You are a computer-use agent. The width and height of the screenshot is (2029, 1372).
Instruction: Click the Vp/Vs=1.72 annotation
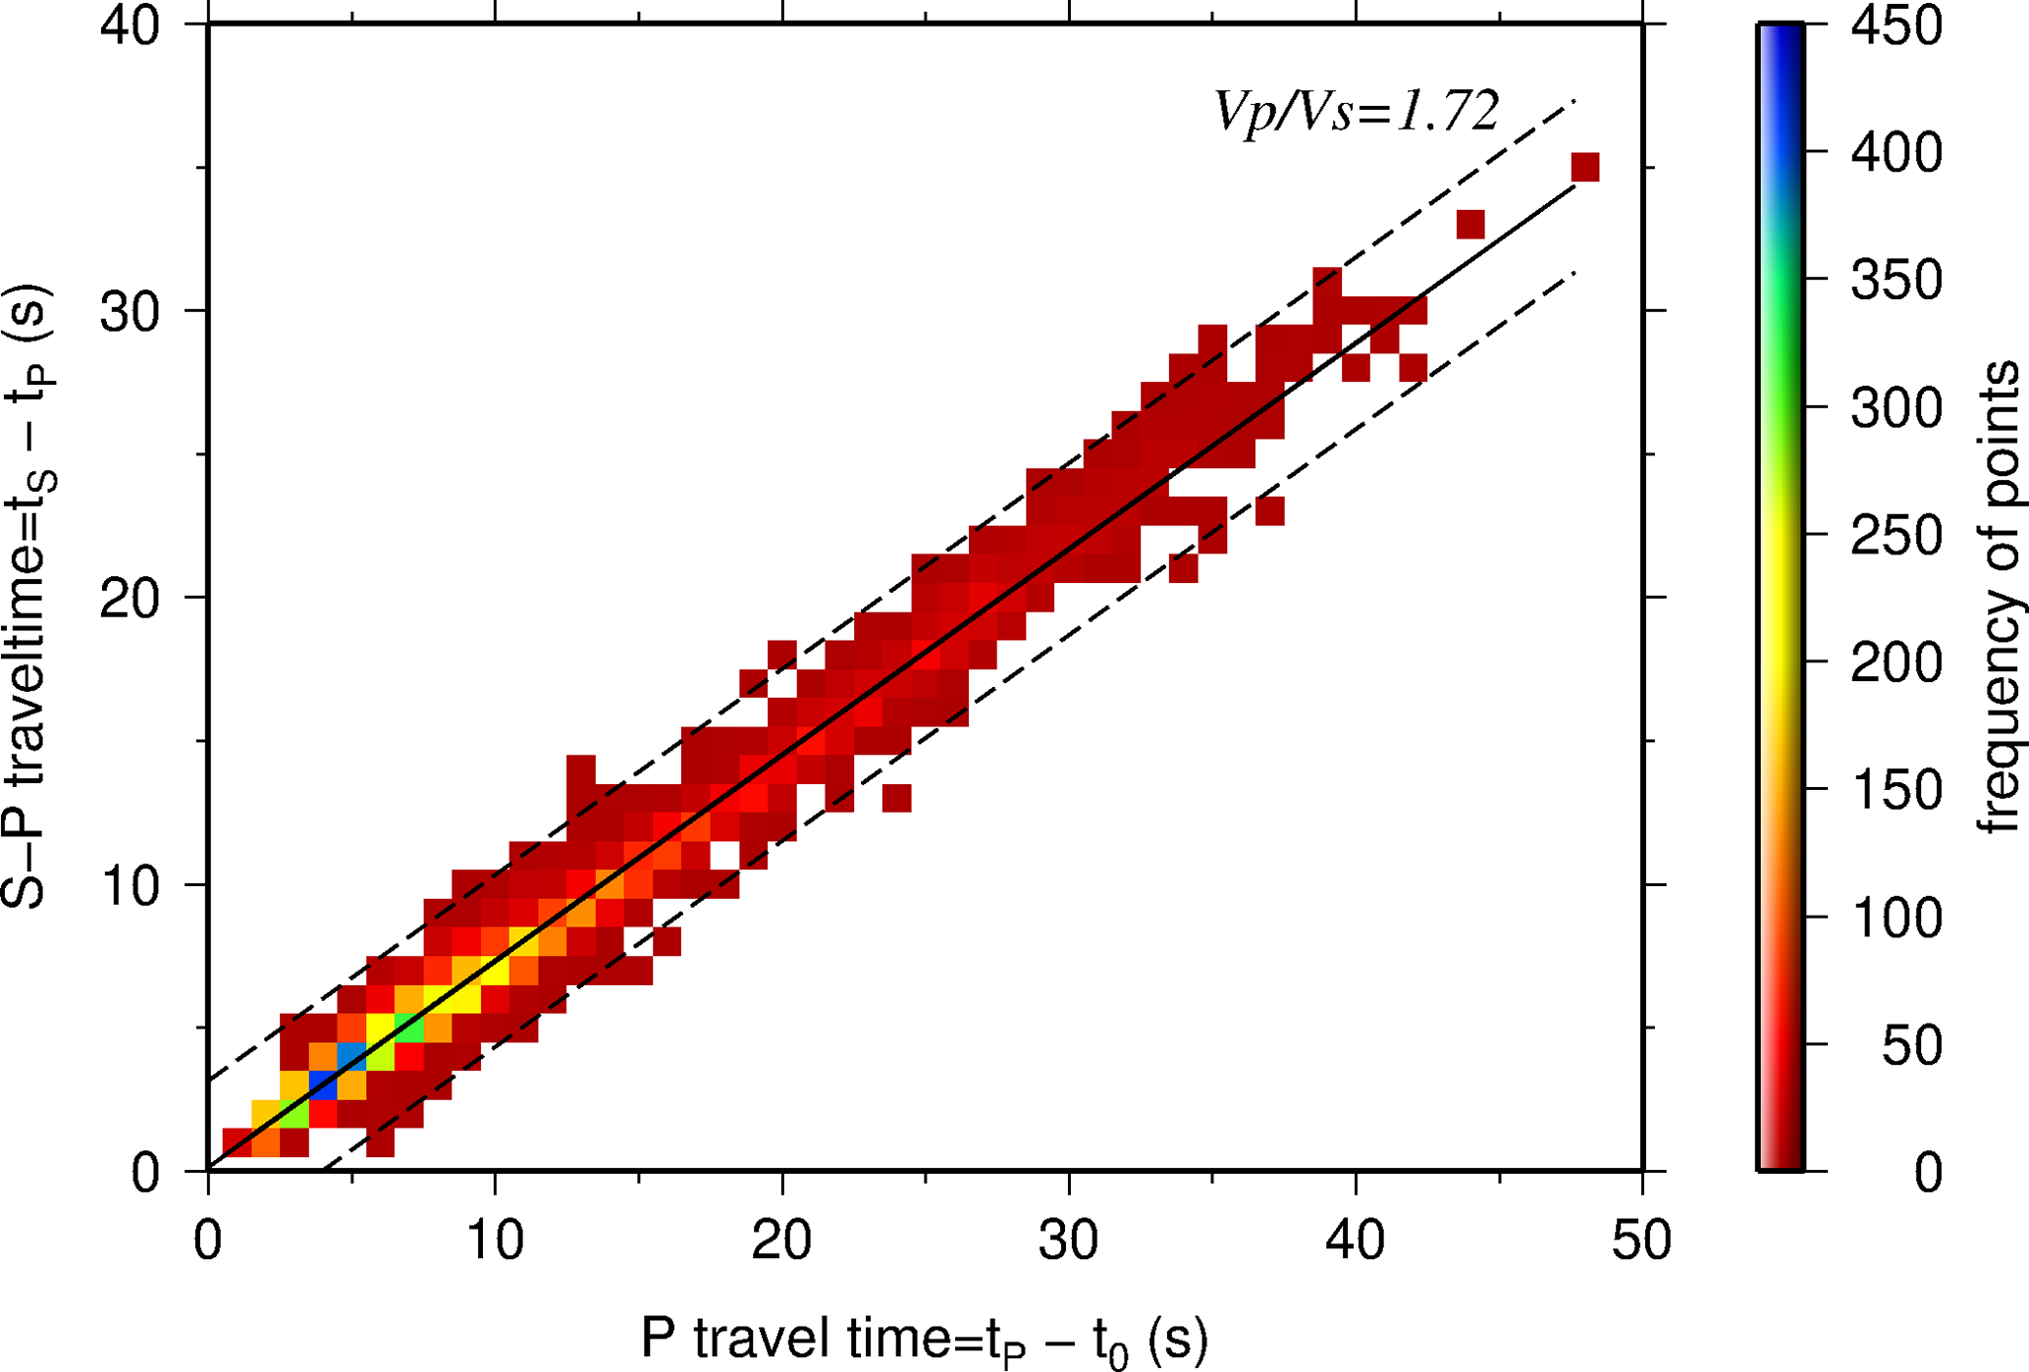1357,111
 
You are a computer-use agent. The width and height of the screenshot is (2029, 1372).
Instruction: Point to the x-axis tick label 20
781,1240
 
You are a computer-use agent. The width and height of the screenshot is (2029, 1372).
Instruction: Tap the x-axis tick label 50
1641,1240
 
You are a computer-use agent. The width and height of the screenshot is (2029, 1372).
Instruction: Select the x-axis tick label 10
495,1240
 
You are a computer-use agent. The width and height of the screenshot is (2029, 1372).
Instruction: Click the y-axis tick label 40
130,26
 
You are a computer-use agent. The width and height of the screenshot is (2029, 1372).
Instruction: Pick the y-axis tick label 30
130,312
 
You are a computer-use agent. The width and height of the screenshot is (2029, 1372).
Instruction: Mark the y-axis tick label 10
130,886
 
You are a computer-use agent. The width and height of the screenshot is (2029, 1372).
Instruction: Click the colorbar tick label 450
1896,26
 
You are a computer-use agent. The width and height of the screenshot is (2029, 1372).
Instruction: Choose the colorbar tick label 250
1896,536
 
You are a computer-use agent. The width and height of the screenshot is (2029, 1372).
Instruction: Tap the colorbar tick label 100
1896,919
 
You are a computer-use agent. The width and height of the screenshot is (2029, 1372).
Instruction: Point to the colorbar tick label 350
1896,281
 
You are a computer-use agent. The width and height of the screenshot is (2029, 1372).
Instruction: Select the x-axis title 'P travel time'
924,1339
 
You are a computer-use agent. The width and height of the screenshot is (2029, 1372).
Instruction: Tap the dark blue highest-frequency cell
323,1085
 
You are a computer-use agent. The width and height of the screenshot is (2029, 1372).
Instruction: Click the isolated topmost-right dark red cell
1585,168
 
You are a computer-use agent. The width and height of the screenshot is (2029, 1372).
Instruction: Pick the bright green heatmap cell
409,1029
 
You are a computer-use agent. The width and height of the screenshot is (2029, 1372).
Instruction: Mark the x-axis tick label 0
208,1240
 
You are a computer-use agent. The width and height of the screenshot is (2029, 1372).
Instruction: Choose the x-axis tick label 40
1355,1240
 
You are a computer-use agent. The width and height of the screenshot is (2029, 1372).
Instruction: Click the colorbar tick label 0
1927,1173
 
